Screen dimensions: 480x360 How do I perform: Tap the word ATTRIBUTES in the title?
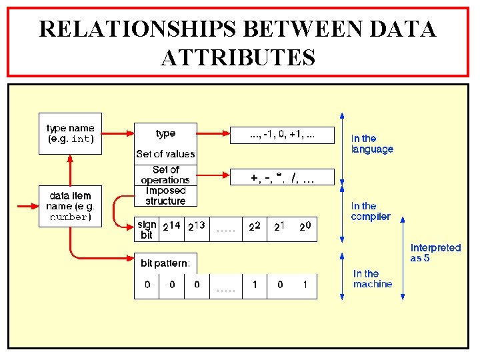click(238, 57)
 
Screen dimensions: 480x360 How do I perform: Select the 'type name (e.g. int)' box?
click(71, 134)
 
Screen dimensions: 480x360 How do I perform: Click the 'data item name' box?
click(71, 207)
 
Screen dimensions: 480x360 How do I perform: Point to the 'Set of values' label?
click(165, 154)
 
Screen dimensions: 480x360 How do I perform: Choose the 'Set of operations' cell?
click(165, 175)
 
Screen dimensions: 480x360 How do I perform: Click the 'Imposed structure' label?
click(165, 195)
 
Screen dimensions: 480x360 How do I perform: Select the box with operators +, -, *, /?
click(283, 178)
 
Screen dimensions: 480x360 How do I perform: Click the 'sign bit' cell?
click(147, 229)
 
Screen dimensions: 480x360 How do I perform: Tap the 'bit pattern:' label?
click(165, 264)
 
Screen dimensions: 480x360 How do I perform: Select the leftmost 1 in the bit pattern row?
click(255, 285)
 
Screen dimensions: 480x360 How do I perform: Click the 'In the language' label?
click(372, 144)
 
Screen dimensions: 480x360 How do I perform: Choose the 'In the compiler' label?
click(371, 211)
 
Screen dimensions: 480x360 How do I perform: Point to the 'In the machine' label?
click(373, 279)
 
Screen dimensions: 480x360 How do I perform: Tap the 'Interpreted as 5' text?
click(435, 253)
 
